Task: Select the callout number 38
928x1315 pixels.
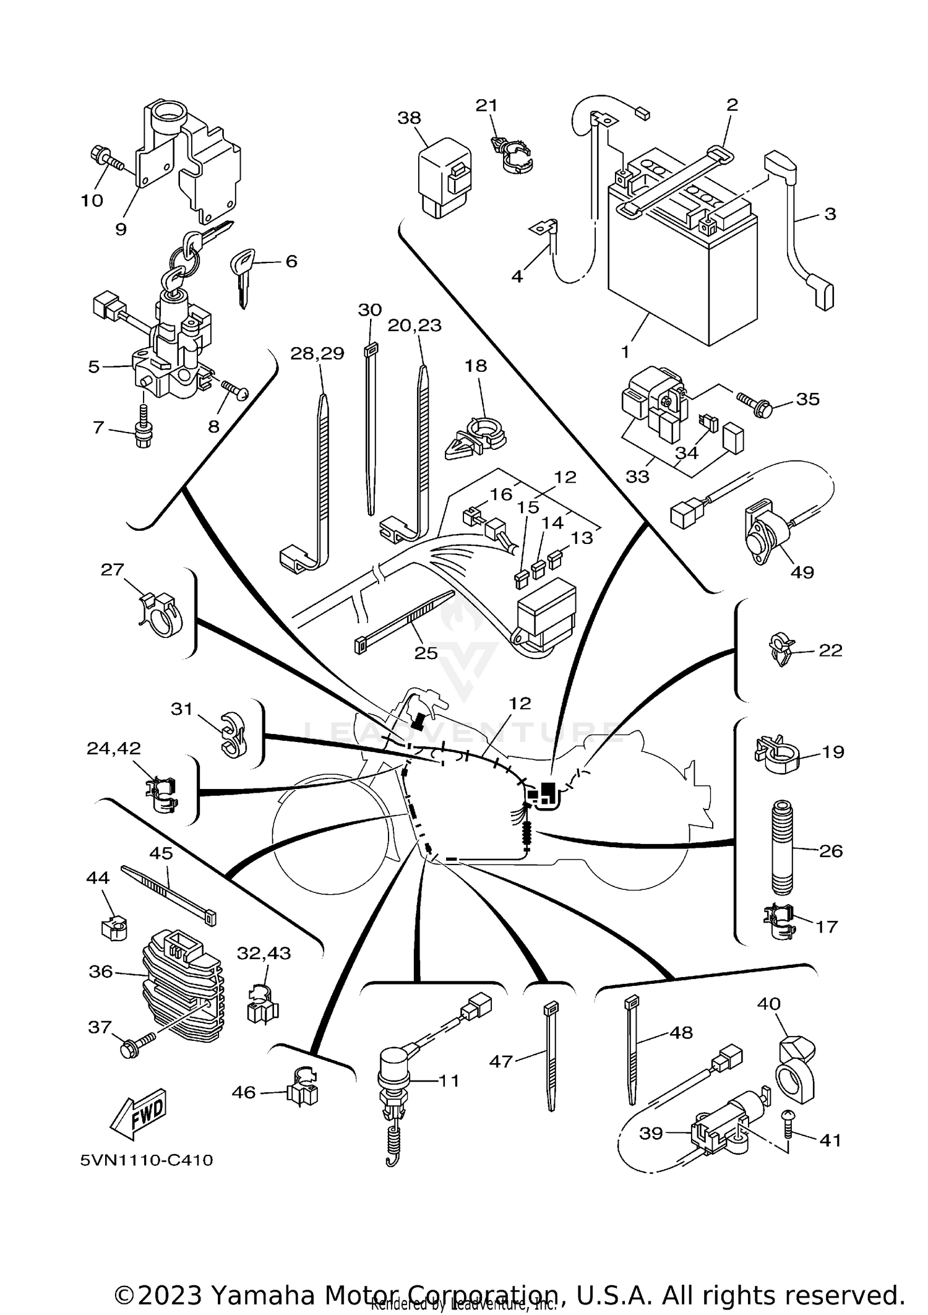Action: point(409,118)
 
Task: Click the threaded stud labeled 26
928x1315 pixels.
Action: point(782,848)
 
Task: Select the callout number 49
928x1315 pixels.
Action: point(802,572)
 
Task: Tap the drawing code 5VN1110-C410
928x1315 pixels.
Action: point(147,1160)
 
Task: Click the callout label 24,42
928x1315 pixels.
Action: point(113,748)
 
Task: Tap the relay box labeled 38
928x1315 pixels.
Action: point(442,176)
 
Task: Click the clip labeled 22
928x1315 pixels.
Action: point(781,649)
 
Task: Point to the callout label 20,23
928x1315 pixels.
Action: point(415,325)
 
